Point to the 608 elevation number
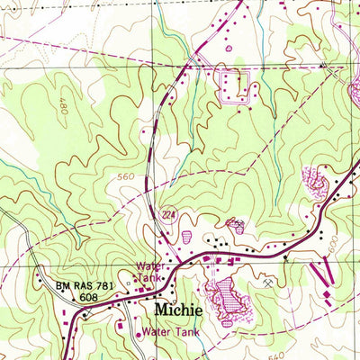(87, 295)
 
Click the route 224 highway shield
(167, 214)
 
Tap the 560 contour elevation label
(125, 177)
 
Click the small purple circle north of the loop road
(229, 46)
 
